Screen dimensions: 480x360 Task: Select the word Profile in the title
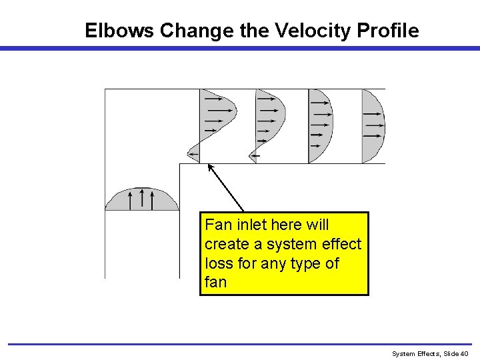click(388, 31)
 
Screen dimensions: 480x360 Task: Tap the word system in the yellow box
click(293, 244)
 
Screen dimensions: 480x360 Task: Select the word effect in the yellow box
click(340, 244)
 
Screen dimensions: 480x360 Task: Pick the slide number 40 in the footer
click(465, 353)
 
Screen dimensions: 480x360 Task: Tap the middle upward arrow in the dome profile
click(142, 198)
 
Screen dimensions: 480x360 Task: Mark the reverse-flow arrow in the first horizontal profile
click(193, 155)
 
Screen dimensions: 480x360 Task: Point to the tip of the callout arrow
click(209, 165)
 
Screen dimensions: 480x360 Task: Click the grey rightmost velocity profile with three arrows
click(372, 127)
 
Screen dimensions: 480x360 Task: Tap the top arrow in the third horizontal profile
click(321, 103)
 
